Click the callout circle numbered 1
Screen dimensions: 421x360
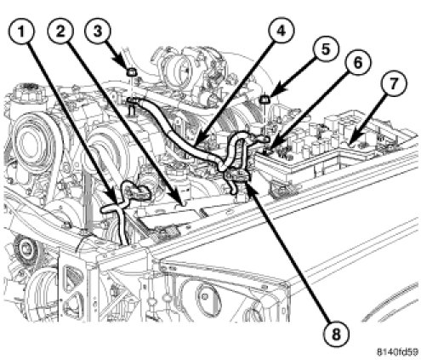[x=21, y=31]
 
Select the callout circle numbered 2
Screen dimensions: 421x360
[x=60, y=31]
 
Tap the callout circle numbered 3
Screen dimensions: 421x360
[x=98, y=31]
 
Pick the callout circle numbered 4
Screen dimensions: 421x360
[x=282, y=31]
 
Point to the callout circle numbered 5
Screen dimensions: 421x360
[x=326, y=49]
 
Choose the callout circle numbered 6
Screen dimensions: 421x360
[x=358, y=62]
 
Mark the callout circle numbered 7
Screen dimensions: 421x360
[x=393, y=83]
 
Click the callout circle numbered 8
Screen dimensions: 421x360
[x=336, y=334]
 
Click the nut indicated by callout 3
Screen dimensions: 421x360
[x=131, y=73]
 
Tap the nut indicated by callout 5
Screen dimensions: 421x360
[x=265, y=99]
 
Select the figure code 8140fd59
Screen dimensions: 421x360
[x=398, y=351]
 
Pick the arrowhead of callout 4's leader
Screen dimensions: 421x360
[x=195, y=141]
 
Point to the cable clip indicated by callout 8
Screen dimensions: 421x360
[x=237, y=176]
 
